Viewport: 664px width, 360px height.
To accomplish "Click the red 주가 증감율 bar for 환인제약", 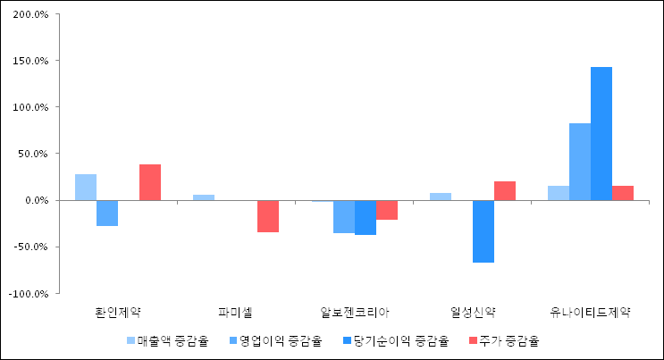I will click(150, 182).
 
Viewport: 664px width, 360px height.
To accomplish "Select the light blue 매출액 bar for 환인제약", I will click(86, 187).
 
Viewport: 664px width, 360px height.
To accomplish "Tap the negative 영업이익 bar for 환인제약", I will click(107, 213).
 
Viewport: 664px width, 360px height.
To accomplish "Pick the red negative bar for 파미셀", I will click(268, 216).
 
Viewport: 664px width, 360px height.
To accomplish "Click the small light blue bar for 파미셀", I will click(204, 197).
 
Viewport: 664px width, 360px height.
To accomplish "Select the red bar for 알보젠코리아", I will click(387, 210).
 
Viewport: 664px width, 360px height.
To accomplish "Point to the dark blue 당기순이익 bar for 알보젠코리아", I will click(366, 217).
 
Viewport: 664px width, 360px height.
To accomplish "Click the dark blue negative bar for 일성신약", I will click(483, 231).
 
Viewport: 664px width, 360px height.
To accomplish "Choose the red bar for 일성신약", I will click(505, 190).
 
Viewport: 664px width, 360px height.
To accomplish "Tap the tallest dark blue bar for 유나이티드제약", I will click(601, 133).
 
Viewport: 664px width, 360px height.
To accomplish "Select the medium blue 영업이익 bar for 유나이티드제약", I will click(580, 162).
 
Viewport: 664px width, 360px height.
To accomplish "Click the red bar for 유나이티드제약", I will click(623, 193).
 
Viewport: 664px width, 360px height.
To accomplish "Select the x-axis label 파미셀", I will click(236, 313).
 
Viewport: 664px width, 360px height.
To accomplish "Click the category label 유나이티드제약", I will click(590, 313).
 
